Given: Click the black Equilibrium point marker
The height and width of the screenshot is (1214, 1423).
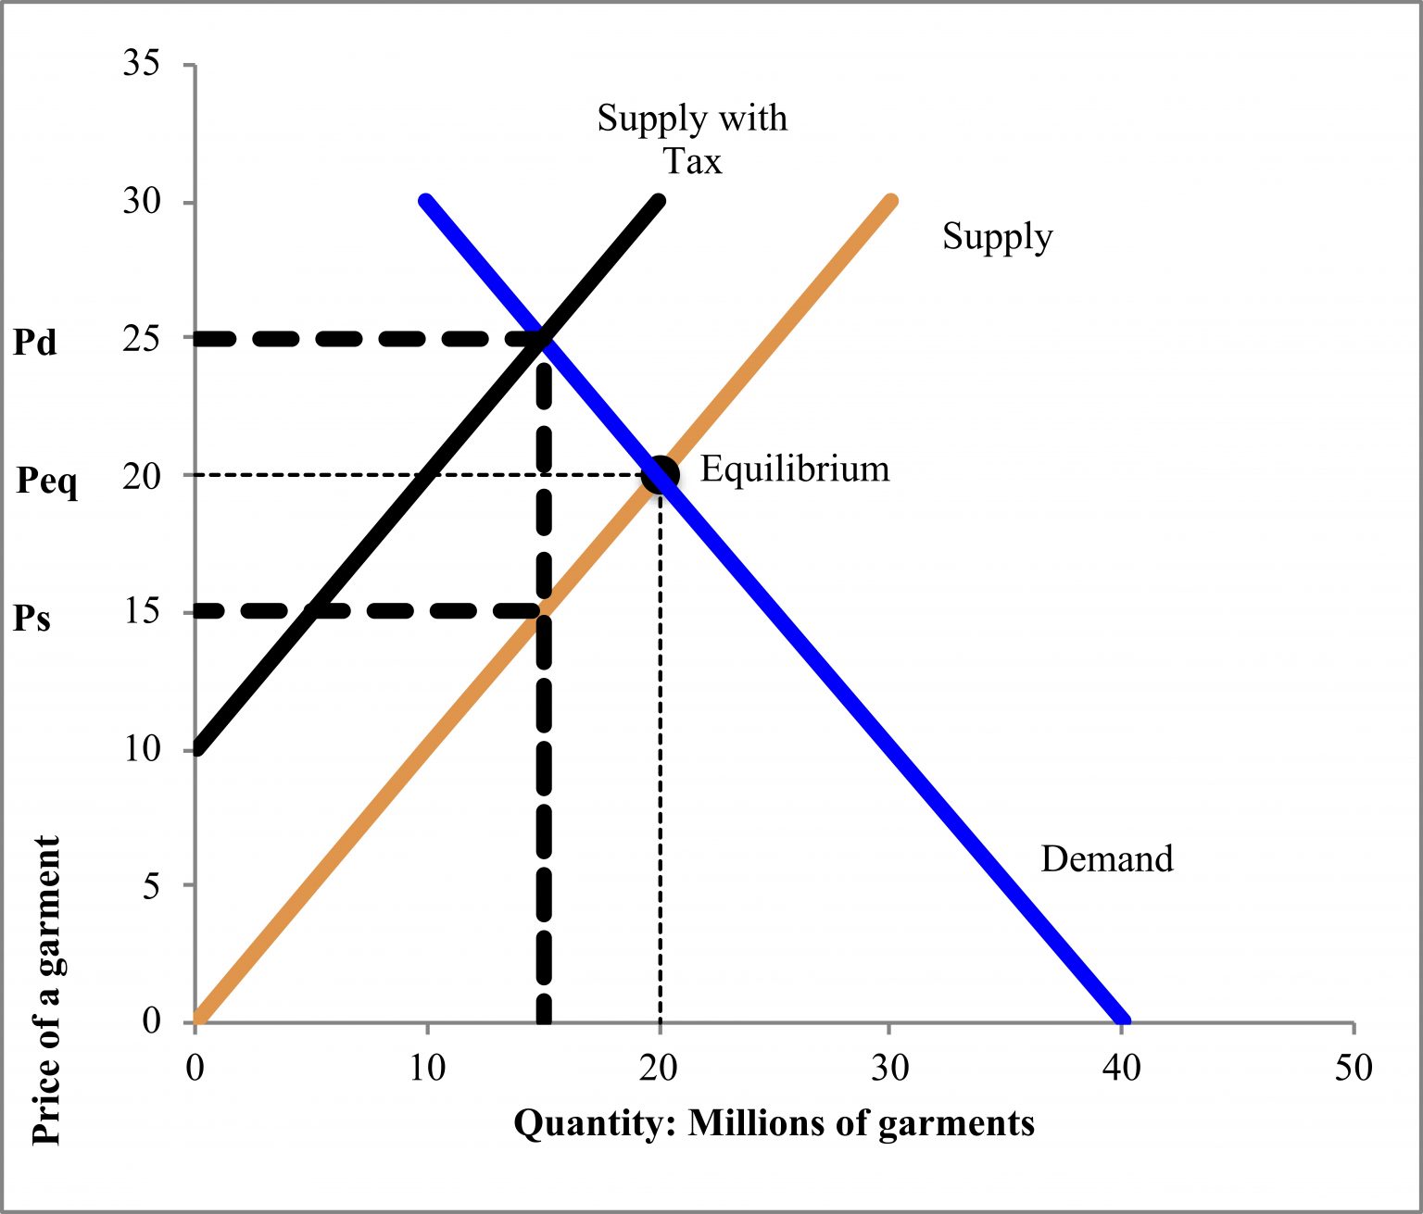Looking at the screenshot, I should pos(661,474).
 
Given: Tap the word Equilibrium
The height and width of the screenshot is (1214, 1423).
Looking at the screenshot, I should pos(794,469).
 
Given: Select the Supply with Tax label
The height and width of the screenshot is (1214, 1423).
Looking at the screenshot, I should pos(692,139).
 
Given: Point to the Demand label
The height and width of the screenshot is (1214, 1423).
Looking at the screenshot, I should pos(1106,858).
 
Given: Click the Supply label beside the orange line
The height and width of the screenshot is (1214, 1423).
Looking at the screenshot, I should pos(997,237).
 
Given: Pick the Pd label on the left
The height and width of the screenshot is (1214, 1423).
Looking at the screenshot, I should pos(35,343).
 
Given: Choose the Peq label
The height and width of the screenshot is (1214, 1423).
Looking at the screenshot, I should pos(47,481).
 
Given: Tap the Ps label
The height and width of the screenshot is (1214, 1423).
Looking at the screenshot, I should pos(32,618).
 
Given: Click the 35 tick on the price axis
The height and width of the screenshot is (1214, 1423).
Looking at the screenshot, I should pos(142,64).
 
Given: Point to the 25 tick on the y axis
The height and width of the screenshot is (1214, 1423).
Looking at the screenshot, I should pos(142,339).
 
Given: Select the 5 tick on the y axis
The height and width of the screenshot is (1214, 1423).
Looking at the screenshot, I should pos(151,886).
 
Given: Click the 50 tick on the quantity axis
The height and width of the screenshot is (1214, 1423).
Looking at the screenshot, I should pos(1354,1068).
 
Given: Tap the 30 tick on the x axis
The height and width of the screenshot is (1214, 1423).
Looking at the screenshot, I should pos(889,1068).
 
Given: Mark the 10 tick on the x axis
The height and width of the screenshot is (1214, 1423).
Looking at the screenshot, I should pos(427,1068).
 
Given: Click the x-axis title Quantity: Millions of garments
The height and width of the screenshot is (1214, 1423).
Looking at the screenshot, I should pos(774,1123).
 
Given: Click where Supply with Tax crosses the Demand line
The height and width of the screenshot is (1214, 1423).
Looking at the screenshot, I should pos(543,339).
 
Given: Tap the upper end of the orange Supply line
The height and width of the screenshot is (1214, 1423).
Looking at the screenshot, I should pos(891,201).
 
